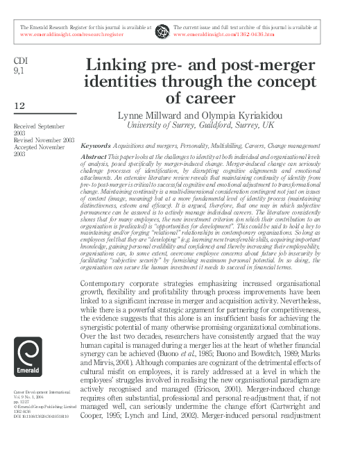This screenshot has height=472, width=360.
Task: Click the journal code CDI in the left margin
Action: [20, 61]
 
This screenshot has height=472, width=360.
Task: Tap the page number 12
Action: [20, 105]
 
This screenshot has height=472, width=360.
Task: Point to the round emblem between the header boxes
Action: [162, 30]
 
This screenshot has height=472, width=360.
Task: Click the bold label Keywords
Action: [95, 146]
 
